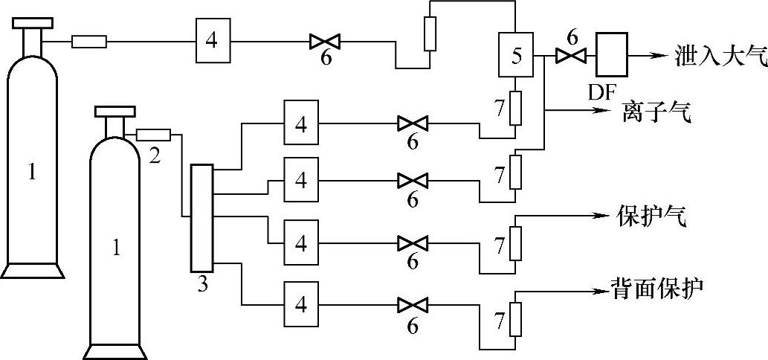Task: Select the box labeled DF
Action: (611, 54)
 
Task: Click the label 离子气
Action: (654, 114)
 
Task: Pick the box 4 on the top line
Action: (213, 42)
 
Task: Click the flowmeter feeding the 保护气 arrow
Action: (514, 242)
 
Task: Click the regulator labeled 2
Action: (154, 135)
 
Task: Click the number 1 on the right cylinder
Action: (116, 248)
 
